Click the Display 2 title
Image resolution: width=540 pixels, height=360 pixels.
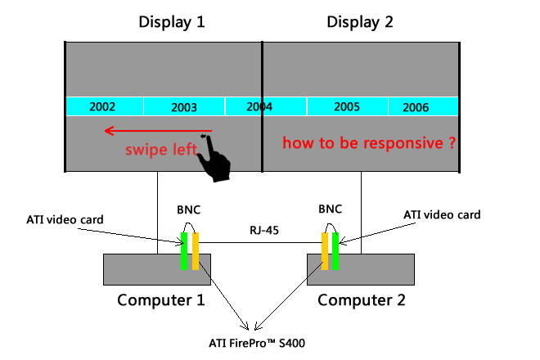tap(360, 22)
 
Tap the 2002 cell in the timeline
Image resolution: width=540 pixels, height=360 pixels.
tap(102, 107)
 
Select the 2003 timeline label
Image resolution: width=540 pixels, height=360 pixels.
tap(184, 107)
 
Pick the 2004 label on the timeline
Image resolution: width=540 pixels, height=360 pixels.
tap(259, 107)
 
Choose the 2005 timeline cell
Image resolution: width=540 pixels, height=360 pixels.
tap(347, 107)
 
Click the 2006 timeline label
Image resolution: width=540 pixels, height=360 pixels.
tap(416, 107)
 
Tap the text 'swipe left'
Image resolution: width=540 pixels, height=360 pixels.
tap(160, 150)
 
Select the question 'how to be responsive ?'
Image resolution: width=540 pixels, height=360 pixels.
tap(368, 142)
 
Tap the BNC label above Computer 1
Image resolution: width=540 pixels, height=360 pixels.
tap(187, 211)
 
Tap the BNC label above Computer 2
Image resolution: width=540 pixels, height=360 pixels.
tap(331, 211)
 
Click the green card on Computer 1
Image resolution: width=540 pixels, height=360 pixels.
tap(185, 250)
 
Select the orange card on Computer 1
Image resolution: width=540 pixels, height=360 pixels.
tap(195, 250)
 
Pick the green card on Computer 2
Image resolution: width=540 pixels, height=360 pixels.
tap(335, 250)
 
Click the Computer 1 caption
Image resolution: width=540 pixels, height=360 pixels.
tap(161, 299)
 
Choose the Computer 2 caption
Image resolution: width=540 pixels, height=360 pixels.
tap(361, 299)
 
